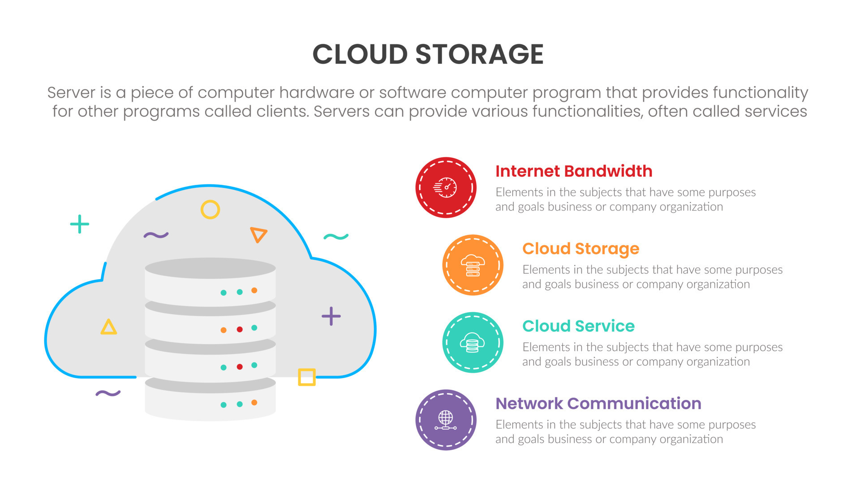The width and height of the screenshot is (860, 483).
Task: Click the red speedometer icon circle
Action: coord(446,187)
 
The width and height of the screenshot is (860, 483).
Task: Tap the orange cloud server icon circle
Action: coord(473,265)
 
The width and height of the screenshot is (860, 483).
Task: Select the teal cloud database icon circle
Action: coord(473,343)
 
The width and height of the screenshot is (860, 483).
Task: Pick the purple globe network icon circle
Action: coord(446,420)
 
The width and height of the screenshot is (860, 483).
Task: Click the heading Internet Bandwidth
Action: coord(573,171)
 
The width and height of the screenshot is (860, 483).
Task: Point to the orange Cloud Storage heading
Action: coord(580,249)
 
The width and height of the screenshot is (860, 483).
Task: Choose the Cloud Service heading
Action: coord(578,326)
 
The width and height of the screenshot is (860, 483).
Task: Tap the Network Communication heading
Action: coord(598,403)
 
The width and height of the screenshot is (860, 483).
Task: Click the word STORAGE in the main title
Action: coord(479,55)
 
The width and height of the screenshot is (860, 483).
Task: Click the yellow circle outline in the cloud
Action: coord(210,209)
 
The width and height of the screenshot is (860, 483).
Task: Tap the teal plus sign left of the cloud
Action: coord(80,224)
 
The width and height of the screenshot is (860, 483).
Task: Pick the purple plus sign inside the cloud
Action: coord(331,316)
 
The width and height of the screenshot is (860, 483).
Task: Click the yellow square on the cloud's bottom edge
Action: coord(307,377)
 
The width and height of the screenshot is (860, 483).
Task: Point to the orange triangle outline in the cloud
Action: coord(258,234)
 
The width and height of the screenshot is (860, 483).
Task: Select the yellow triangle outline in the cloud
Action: coord(108,327)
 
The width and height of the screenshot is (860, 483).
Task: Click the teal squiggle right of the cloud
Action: coord(336,237)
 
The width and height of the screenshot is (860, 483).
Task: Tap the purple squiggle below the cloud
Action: coord(108,393)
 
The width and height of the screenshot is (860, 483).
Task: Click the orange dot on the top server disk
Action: coord(254,291)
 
